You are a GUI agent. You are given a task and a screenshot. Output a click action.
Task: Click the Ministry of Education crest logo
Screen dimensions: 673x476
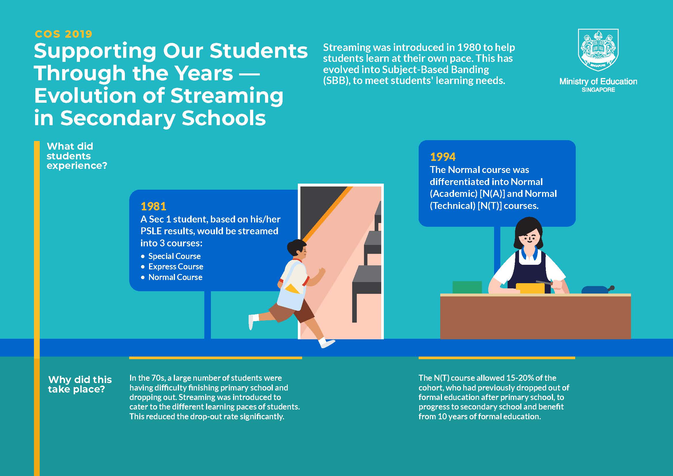pos(598,50)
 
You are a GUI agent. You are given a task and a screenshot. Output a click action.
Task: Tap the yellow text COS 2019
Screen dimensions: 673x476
pos(63,34)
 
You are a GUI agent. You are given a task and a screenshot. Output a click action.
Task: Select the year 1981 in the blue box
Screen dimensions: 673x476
pos(153,206)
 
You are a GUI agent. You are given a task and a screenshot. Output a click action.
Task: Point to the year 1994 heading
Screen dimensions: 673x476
pos(443,157)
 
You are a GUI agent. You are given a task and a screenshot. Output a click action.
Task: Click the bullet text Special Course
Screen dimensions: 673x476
pos(174,256)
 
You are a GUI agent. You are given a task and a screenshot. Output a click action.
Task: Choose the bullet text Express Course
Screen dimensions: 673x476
pos(176,266)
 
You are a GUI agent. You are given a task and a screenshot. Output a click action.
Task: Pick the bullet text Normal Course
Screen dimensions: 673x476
pos(175,277)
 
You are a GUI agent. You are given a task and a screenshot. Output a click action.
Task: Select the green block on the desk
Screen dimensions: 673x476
pos(467,287)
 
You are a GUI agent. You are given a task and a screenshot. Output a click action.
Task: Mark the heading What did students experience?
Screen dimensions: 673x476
pos(77,156)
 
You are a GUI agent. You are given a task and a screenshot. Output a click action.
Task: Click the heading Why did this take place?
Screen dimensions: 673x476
pos(80,384)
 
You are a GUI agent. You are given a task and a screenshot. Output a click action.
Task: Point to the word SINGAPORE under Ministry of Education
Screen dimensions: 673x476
pos(598,90)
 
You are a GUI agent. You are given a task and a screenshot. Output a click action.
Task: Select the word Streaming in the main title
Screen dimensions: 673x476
pos(226,96)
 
